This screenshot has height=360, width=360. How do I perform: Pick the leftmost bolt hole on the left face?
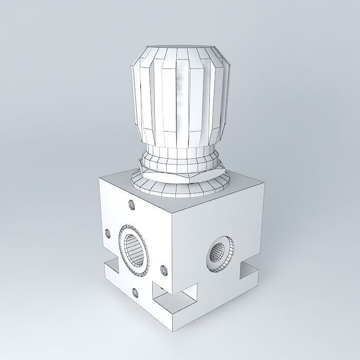(x=108, y=233)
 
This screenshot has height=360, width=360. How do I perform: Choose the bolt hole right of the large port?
(x=164, y=269)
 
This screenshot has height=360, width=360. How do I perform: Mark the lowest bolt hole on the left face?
(x=135, y=293)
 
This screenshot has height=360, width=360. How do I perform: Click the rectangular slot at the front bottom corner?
(x=175, y=299)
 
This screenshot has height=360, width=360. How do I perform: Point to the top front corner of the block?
(x=173, y=212)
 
